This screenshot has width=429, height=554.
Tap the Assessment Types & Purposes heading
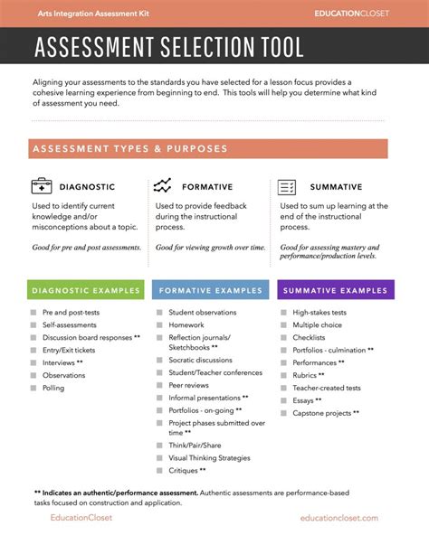pos(130,148)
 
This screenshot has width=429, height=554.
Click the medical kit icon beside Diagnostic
pos(42,186)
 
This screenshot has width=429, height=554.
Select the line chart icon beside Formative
pos(163,186)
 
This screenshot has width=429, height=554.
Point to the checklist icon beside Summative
pos(287,187)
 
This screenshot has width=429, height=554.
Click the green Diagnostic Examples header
pos(86,290)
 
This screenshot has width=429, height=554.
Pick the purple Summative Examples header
pos(334,290)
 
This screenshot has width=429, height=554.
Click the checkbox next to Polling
pos(33,388)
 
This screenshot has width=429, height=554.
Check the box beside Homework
pos(158,325)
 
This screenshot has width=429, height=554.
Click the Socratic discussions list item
pos(200,361)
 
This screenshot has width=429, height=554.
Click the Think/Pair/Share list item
pos(195,446)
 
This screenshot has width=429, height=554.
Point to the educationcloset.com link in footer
pos(339,518)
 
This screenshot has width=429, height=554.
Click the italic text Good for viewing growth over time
pos(211,247)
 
